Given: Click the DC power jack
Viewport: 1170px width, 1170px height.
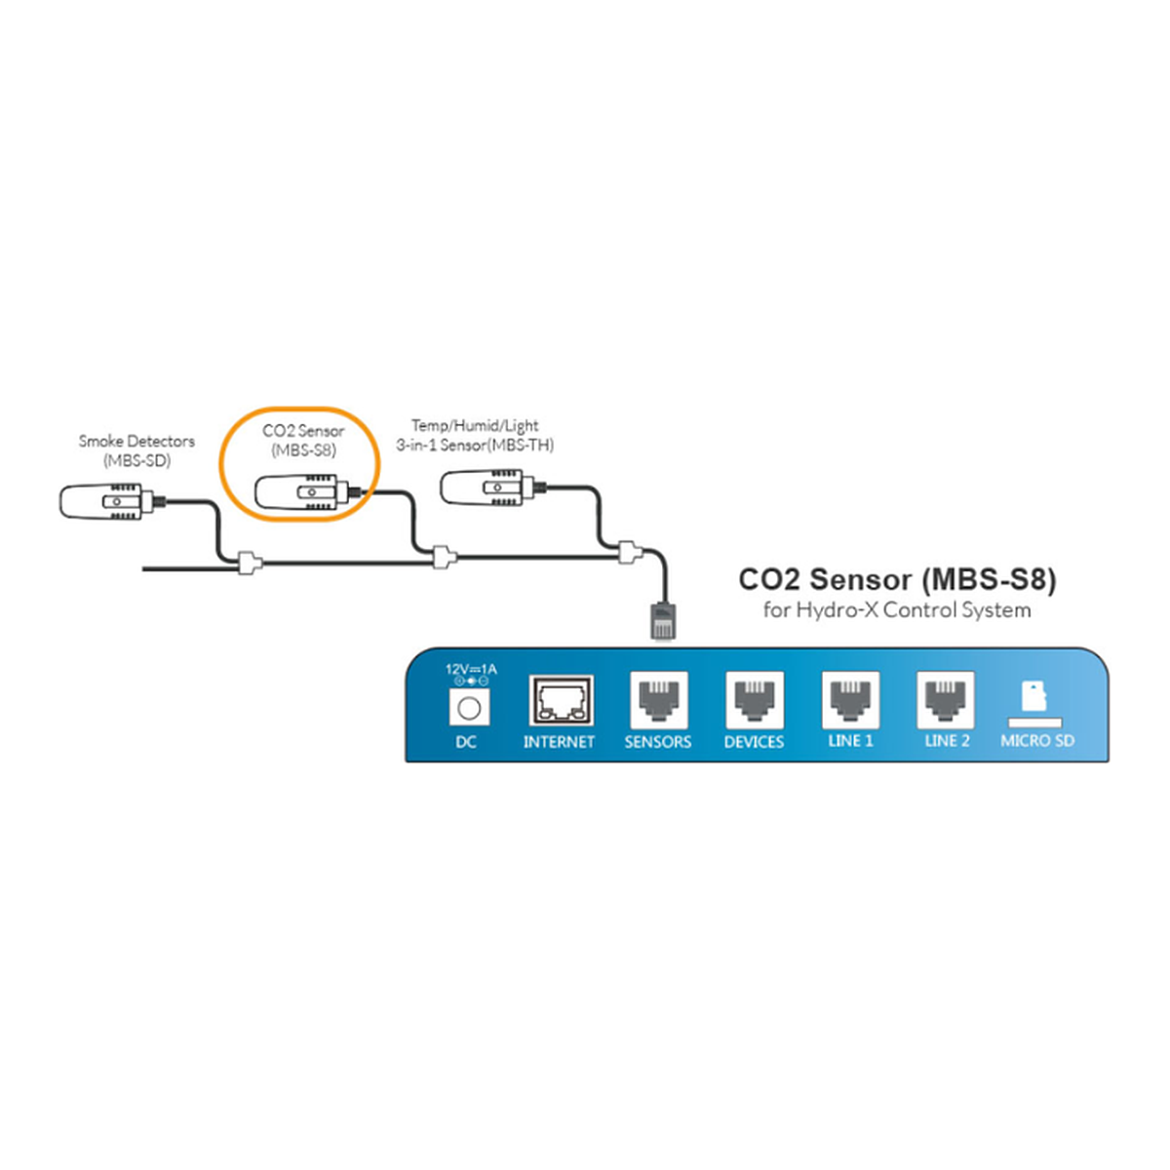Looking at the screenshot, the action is [469, 707].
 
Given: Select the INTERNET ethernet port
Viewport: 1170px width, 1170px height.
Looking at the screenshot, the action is [562, 701].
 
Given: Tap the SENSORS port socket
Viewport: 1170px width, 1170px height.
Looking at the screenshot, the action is [659, 700].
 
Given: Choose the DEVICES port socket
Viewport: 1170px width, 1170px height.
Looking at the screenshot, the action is [754, 700].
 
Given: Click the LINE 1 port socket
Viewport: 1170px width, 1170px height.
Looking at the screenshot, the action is [850, 700].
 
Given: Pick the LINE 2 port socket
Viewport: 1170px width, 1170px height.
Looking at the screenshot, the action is [946, 700].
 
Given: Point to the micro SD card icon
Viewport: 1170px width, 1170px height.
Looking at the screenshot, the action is [1033, 696].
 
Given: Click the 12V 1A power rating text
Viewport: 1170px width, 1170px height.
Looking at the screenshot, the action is [471, 669].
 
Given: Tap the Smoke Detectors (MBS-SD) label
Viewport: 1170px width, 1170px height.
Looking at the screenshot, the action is [136, 450].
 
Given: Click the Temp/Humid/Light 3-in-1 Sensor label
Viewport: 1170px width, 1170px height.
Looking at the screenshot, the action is [475, 435].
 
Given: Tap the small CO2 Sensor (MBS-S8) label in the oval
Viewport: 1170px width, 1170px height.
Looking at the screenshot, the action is [303, 440].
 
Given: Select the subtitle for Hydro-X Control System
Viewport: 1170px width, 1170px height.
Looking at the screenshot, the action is [897, 609].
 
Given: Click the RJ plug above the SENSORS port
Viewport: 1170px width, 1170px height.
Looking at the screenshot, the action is [663, 620].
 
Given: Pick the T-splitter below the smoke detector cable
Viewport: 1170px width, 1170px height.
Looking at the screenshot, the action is [249, 563].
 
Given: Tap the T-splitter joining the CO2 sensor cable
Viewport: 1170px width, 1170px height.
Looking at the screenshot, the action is [444, 556].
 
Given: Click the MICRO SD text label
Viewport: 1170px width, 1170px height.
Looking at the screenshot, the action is [1037, 741].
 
